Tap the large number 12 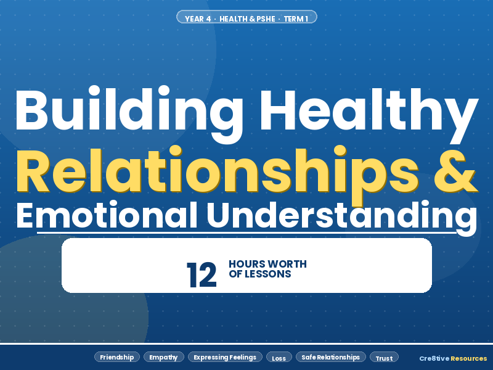(x=202, y=275)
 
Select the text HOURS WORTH (x=267, y=265)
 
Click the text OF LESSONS (x=259, y=274)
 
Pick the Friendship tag (x=117, y=357)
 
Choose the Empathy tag (x=163, y=357)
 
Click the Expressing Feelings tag (x=225, y=357)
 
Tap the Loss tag (x=279, y=358)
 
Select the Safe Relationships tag (x=331, y=357)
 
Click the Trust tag (x=384, y=358)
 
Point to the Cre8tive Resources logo (x=453, y=358)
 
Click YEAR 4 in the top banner (x=198, y=18)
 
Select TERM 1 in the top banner (x=296, y=18)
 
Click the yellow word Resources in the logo (x=468, y=358)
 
